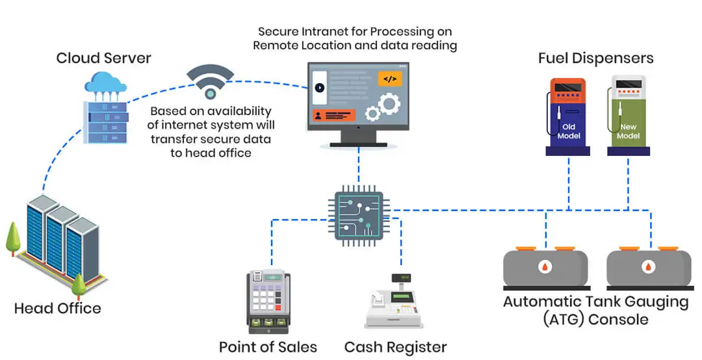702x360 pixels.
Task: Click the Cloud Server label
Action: click(x=103, y=58)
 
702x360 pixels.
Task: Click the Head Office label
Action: click(x=58, y=308)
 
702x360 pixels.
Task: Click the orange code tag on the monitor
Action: click(x=389, y=79)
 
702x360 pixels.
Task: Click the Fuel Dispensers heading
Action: click(x=595, y=58)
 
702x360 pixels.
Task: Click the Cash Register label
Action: click(x=395, y=347)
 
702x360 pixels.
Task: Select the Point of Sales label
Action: click(x=268, y=347)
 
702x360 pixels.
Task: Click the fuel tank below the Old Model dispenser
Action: click(x=546, y=267)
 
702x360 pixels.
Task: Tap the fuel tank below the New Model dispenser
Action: click(x=648, y=267)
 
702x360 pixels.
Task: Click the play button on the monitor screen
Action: click(x=318, y=87)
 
